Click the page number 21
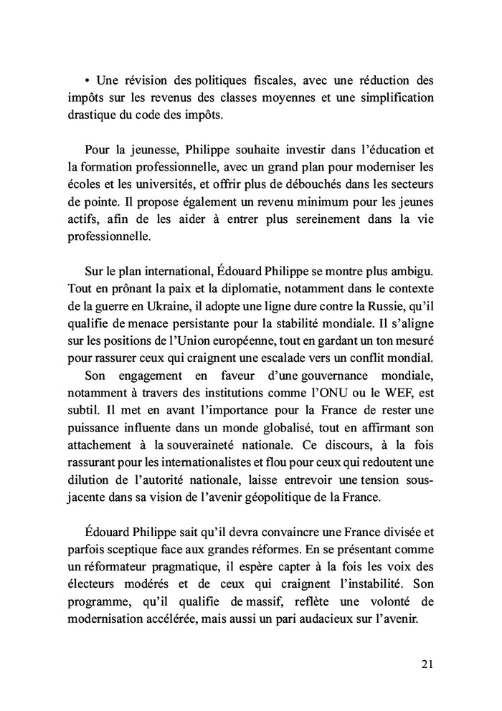click(x=427, y=664)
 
